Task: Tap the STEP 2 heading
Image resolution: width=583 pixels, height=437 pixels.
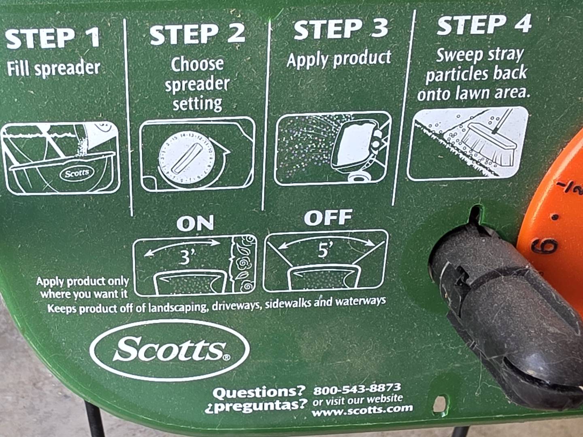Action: point(197,34)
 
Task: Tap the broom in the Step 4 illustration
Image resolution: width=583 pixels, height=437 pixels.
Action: point(488,141)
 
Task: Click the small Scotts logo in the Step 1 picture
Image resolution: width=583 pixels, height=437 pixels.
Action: point(77,174)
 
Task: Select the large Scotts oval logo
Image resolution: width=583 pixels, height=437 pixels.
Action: point(170,350)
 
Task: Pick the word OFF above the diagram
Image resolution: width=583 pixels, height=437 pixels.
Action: point(328,218)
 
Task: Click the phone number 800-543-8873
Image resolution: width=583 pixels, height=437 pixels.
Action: point(357,389)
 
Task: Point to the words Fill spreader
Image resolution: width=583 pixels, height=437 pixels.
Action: point(53,69)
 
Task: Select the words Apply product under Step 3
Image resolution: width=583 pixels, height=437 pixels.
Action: point(339,59)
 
